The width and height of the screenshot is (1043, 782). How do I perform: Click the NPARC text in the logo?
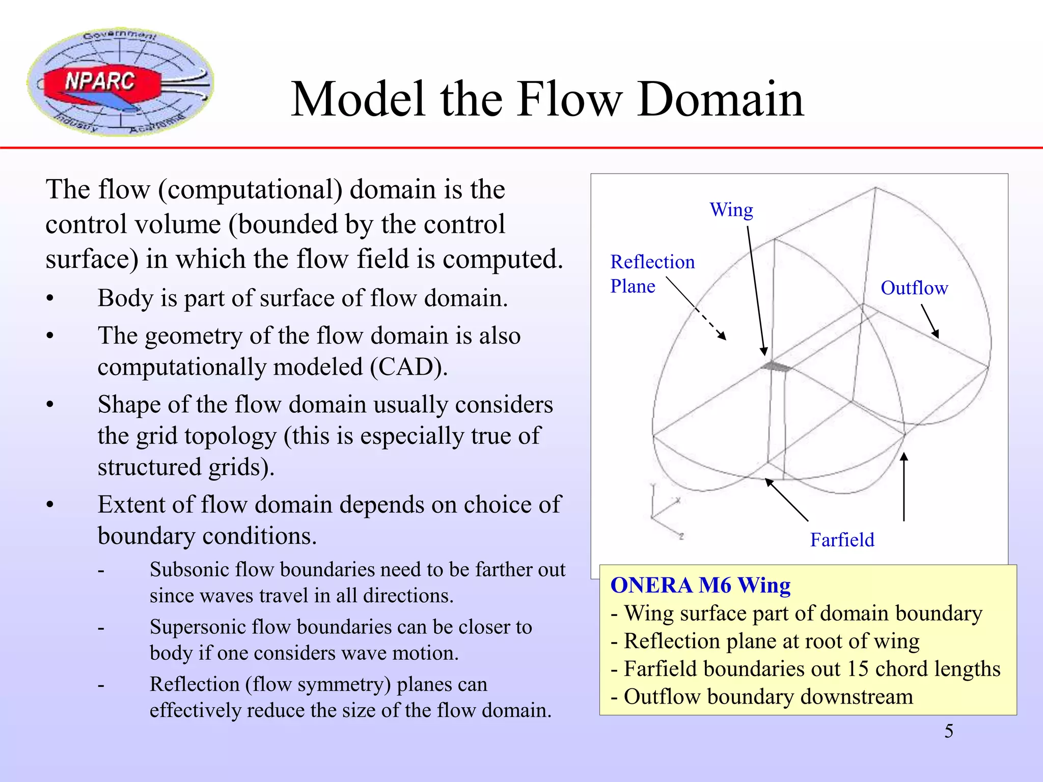point(100,81)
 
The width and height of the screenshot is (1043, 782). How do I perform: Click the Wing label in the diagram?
point(731,210)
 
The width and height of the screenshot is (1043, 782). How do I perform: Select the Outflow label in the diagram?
point(914,288)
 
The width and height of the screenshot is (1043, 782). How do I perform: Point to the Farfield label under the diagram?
point(842,540)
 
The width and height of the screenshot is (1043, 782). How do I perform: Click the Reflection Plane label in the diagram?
point(652,274)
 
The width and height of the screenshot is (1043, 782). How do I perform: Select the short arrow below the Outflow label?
point(929,321)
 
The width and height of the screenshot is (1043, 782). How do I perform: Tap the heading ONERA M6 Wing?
point(700,585)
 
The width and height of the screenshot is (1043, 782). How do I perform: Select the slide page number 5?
point(949,731)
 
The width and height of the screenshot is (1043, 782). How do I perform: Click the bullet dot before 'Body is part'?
point(50,299)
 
